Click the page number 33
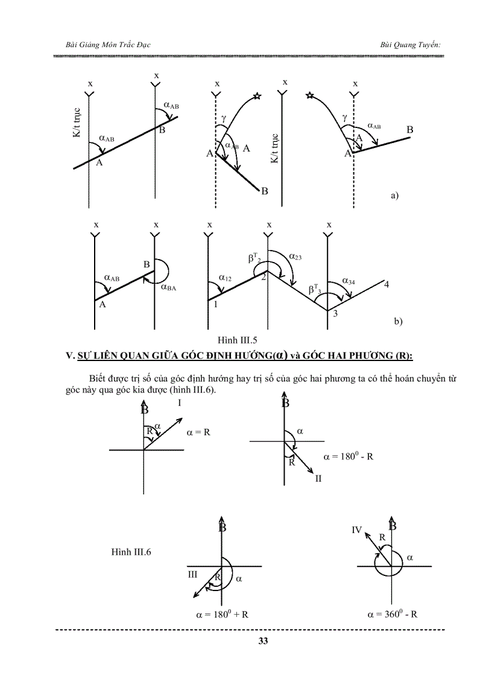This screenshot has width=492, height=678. [x=263, y=641]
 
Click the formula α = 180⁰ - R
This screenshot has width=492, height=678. [x=348, y=456]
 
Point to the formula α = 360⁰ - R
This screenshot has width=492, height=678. [x=393, y=615]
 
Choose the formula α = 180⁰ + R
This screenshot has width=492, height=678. [x=222, y=615]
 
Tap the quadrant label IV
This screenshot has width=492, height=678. [x=356, y=530]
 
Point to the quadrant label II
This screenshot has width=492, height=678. [x=318, y=478]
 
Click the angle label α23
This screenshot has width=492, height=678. [x=295, y=257]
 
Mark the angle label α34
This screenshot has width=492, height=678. [x=349, y=281]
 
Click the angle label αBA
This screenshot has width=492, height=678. [x=168, y=288]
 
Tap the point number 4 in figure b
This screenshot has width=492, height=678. [x=386, y=284]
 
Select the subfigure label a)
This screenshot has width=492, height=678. [x=395, y=196]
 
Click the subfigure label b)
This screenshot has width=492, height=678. [x=398, y=322]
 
